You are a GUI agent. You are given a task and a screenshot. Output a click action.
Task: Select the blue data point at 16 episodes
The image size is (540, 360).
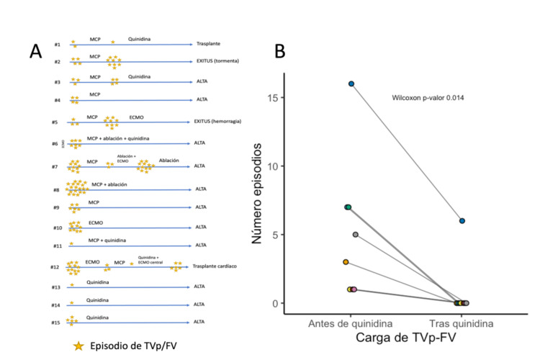351,84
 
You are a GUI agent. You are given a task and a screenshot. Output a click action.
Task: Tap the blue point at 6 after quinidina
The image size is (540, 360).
462,221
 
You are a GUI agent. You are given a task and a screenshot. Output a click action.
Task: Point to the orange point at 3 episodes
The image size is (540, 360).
346,262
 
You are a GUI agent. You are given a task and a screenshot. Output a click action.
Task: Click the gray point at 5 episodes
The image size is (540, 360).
356,235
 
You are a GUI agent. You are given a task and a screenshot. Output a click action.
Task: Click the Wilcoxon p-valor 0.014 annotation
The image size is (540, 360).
428,97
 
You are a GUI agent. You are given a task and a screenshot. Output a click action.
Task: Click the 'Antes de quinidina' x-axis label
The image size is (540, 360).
350,324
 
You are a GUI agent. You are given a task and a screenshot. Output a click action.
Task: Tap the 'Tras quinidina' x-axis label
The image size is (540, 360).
463,324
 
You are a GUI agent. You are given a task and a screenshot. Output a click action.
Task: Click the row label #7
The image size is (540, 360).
55,166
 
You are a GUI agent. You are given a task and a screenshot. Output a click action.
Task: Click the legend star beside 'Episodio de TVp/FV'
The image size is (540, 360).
79,346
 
